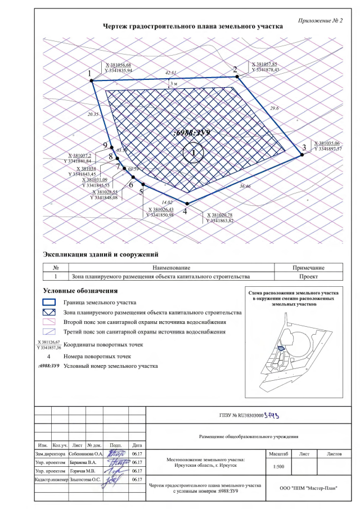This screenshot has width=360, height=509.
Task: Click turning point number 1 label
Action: coord(89,74)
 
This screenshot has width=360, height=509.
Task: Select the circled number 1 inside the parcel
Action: coord(193,152)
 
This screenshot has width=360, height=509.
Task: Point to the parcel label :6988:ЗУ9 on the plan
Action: coord(192,133)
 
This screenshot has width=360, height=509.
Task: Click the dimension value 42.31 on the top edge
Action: coord(171,73)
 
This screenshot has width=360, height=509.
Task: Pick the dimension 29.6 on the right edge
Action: coord(274,108)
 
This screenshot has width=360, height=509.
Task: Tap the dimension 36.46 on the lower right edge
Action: coord(245,185)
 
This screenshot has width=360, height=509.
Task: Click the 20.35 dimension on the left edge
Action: coord(93,114)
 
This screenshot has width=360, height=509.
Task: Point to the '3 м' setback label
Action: coord(174,83)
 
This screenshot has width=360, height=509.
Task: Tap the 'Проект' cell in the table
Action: coord(308,277)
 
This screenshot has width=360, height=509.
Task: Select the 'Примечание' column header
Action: coord(308,268)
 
